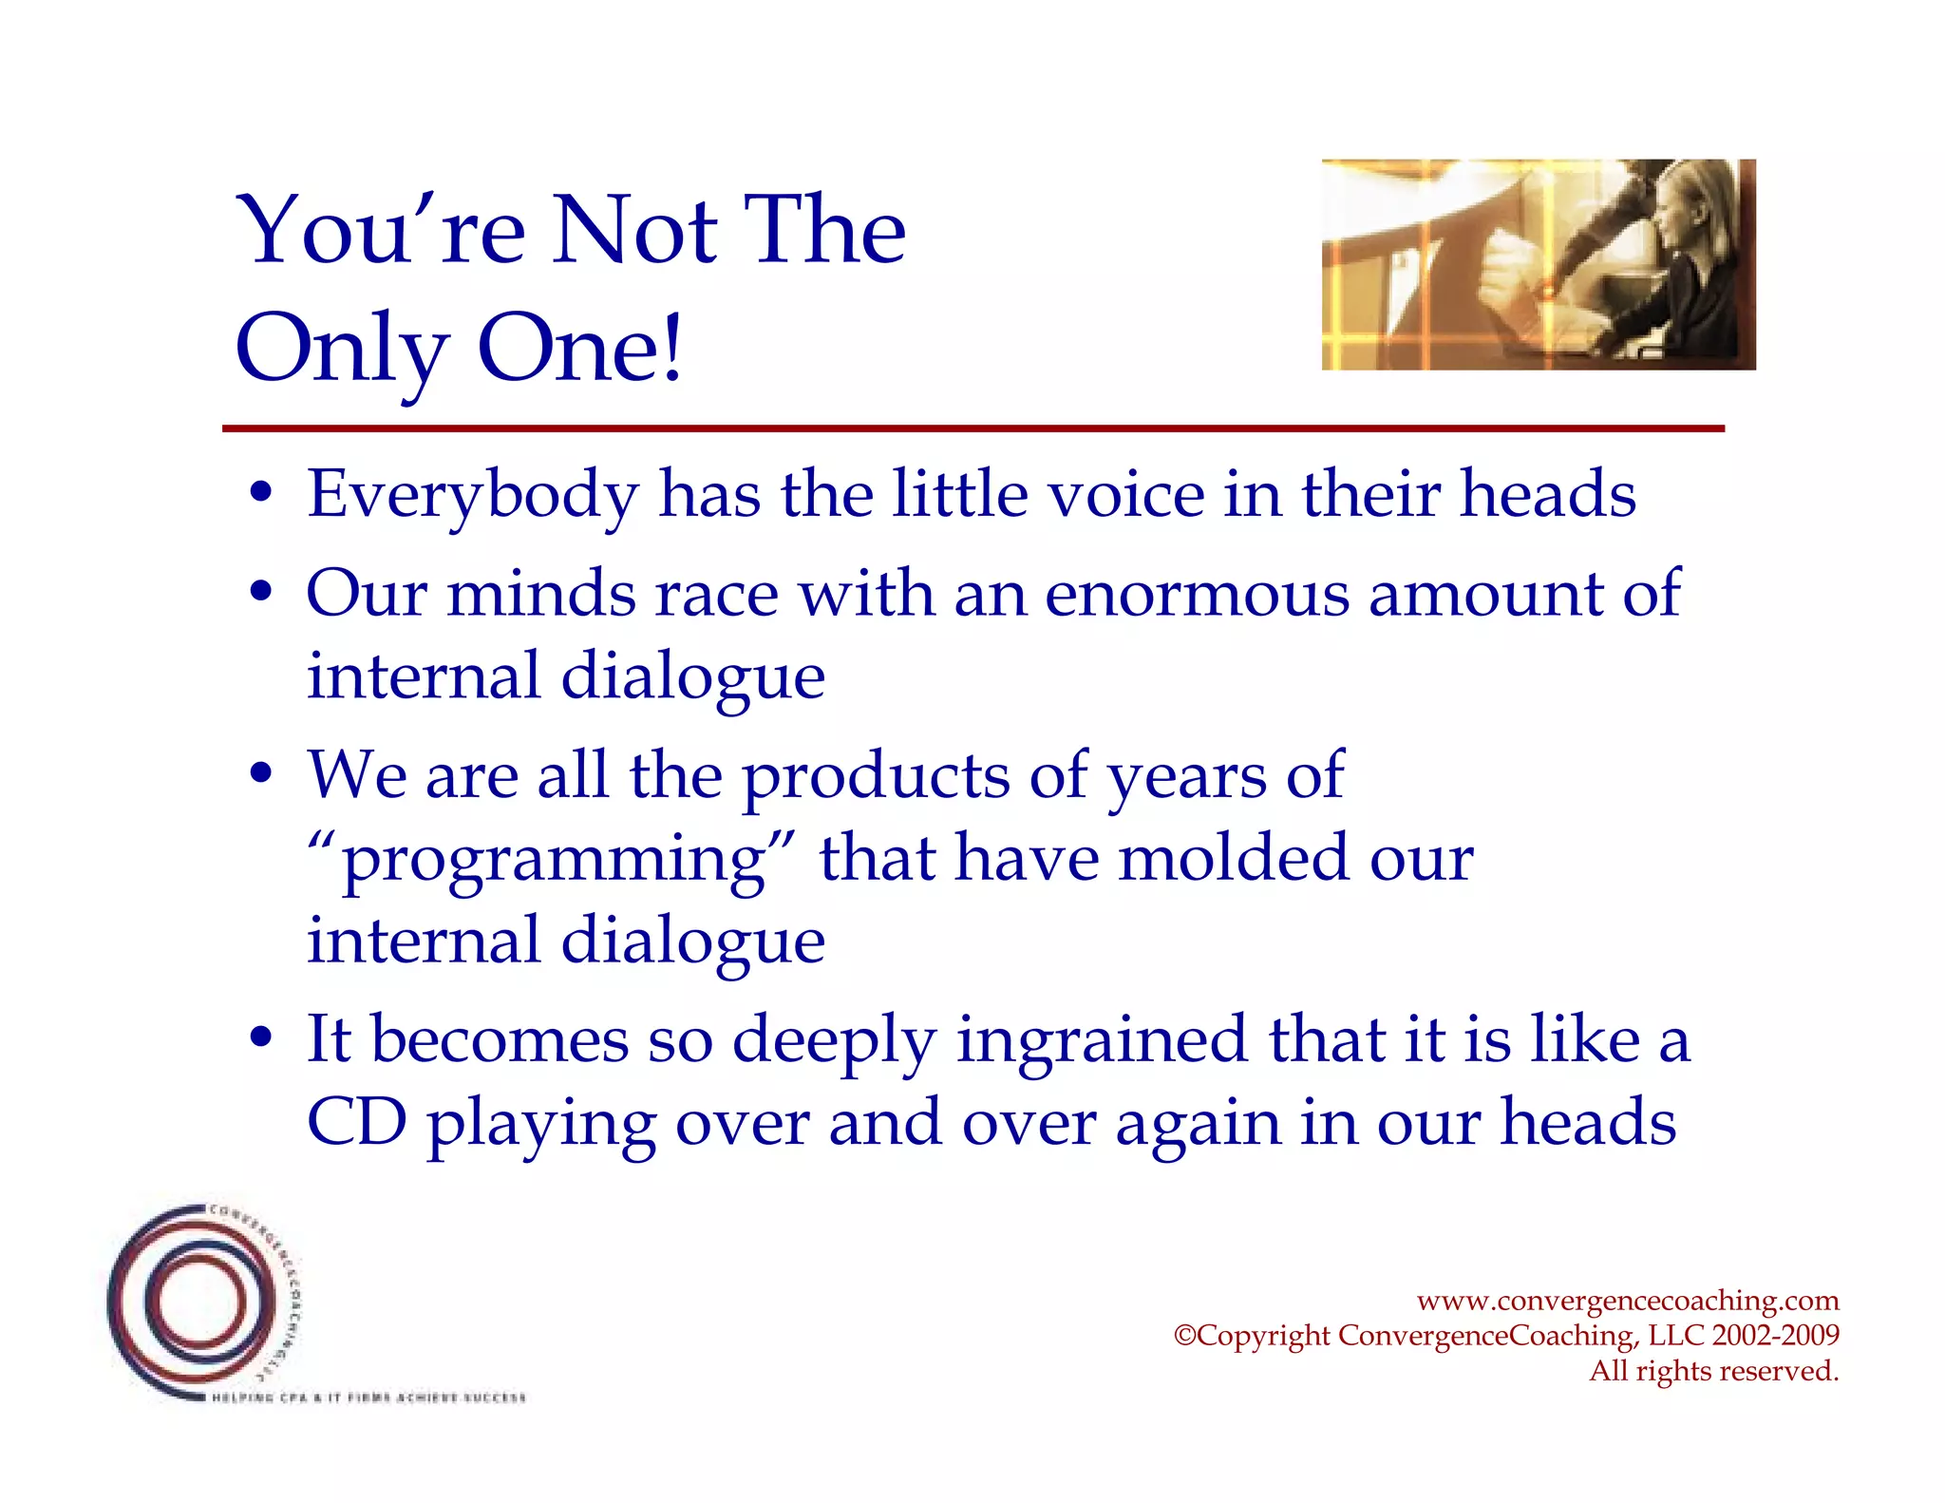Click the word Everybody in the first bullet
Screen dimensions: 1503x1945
click(x=473, y=495)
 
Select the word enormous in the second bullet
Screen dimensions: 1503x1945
click(x=1196, y=595)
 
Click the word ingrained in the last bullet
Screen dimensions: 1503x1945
click(x=1101, y=1040)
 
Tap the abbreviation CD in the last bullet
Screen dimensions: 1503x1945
click(x=356, y=1123)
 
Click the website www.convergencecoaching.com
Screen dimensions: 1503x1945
click(x=1627, y=1300)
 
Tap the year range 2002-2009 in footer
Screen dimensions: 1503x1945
click(x=1775, y=1335)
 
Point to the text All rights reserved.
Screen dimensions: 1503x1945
click(x=1713, y=1371)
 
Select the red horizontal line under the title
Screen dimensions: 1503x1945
click(x=972, y=429)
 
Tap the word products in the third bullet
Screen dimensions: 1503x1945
click(x=875, y=776)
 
